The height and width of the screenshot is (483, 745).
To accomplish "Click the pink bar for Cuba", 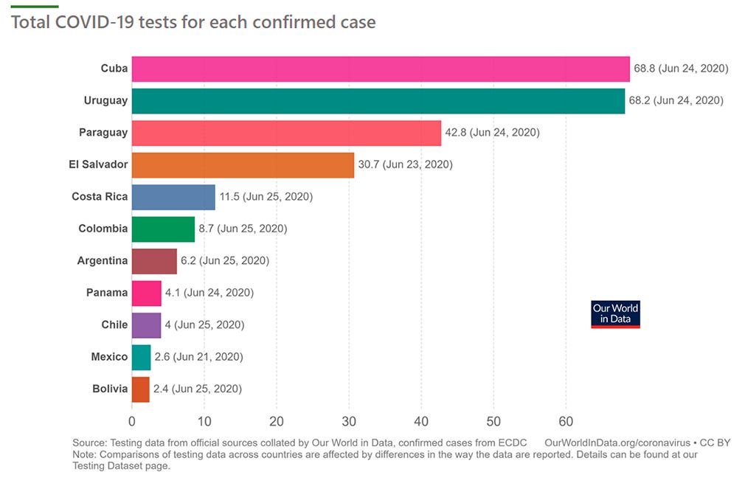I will coord(380,69).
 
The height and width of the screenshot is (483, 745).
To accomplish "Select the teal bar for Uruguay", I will coord(378,101).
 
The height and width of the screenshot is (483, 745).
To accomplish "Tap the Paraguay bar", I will coord(286,133).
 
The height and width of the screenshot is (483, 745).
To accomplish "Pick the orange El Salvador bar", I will coord(243,164).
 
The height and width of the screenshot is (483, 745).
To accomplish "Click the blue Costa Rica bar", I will coord(173,197).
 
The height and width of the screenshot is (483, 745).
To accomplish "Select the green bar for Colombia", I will coord(163,229).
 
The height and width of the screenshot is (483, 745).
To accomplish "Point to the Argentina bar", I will coord(154,260).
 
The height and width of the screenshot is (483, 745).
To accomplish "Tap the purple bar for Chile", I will coord(146,324).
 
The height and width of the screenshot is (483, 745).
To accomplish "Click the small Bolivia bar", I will coord(140,389).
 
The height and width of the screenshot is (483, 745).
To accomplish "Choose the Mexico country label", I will coord(109,357).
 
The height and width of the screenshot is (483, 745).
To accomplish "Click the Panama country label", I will coord(107,293).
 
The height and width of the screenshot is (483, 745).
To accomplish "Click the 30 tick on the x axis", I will coord(349,421).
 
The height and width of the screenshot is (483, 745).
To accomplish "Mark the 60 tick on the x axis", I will coord(566,421).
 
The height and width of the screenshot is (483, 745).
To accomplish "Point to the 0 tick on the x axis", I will coord(132,421).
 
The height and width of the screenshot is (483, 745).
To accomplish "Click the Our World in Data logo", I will coord(615,314).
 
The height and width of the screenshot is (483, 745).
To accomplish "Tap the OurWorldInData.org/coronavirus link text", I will coord(616,442).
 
